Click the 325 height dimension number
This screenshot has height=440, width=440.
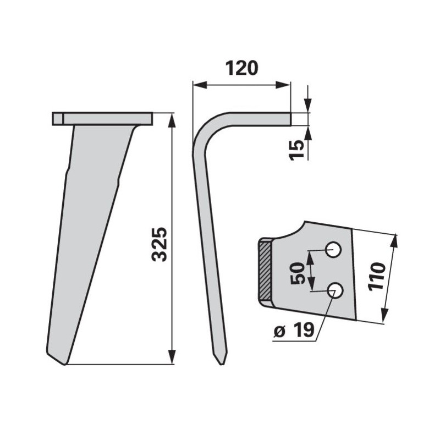coord(160,244)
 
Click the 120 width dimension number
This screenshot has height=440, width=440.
coord(241,68)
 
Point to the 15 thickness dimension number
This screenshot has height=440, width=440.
coord(297,150)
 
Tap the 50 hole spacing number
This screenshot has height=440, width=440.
coord(298,273)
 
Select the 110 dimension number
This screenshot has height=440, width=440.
coord(377,277)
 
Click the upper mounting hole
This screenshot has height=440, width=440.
coord(333,250)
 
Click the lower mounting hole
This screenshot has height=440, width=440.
coord(335,291)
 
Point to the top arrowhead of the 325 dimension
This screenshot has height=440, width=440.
coord(172,120)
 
